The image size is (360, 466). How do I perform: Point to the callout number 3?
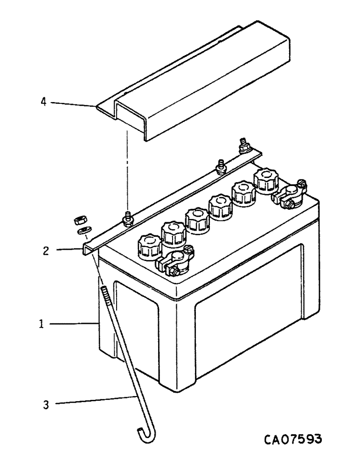coord(46,404)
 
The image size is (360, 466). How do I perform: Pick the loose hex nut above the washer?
coord(79,219)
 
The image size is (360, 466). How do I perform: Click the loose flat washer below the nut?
coord(83,230)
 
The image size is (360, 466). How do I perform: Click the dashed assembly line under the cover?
coord(126,168)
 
